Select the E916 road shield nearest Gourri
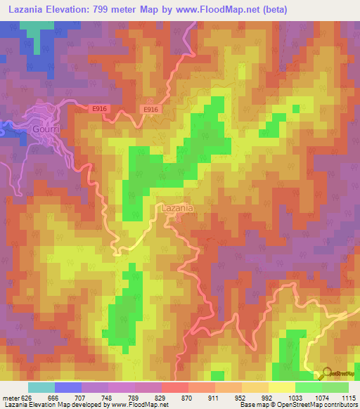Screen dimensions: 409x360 [100, 109]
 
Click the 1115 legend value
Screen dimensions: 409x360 [348, 397]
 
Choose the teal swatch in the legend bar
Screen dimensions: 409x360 [41, 387]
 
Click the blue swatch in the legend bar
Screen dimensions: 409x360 [67, 387]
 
